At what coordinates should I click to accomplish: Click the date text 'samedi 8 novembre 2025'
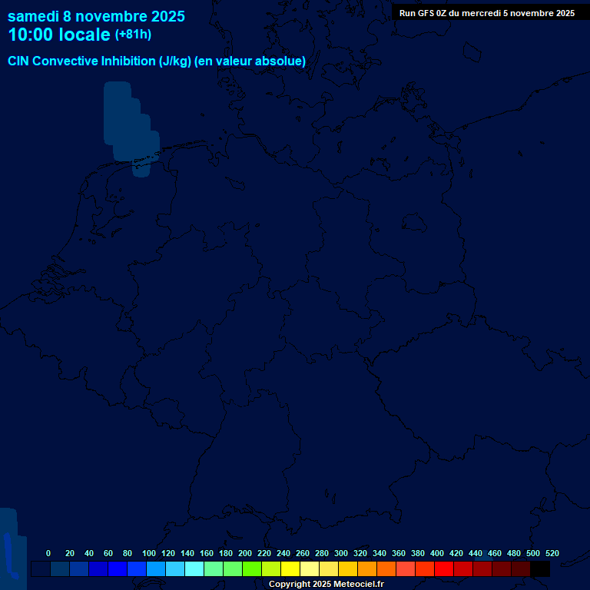[96, 16]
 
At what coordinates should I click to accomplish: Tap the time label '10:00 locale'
[59, 35]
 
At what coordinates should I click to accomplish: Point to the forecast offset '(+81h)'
[133, 35]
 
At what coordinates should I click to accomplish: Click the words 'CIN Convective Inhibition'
[81, 61]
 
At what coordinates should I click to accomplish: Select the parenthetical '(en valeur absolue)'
[250, 61]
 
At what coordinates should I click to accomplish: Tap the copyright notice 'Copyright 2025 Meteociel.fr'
[326, 585]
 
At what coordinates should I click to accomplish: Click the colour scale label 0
[48, 553]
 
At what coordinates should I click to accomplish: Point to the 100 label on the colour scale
[149, 553]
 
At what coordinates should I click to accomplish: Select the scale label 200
[245, 553]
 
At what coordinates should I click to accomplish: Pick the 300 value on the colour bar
[341, 553]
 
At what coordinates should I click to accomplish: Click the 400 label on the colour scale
[437, 553]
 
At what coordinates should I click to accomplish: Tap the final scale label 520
[552, 553]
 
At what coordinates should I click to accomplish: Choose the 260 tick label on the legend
[303, 553]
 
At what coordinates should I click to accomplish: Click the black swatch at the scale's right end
[540, 569]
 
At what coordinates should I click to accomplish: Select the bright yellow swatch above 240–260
[290, 569]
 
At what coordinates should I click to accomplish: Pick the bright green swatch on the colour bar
[252, 569]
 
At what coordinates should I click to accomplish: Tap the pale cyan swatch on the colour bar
[194, 569]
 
